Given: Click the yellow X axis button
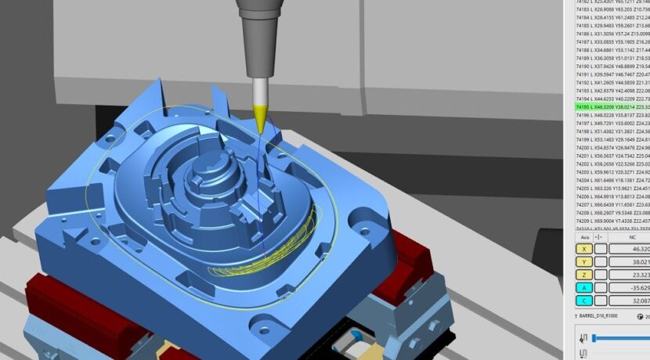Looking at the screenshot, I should tap(583, 248).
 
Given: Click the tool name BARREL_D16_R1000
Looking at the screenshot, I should tap(606, 316).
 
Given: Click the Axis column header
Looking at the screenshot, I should tap(583, 236).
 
